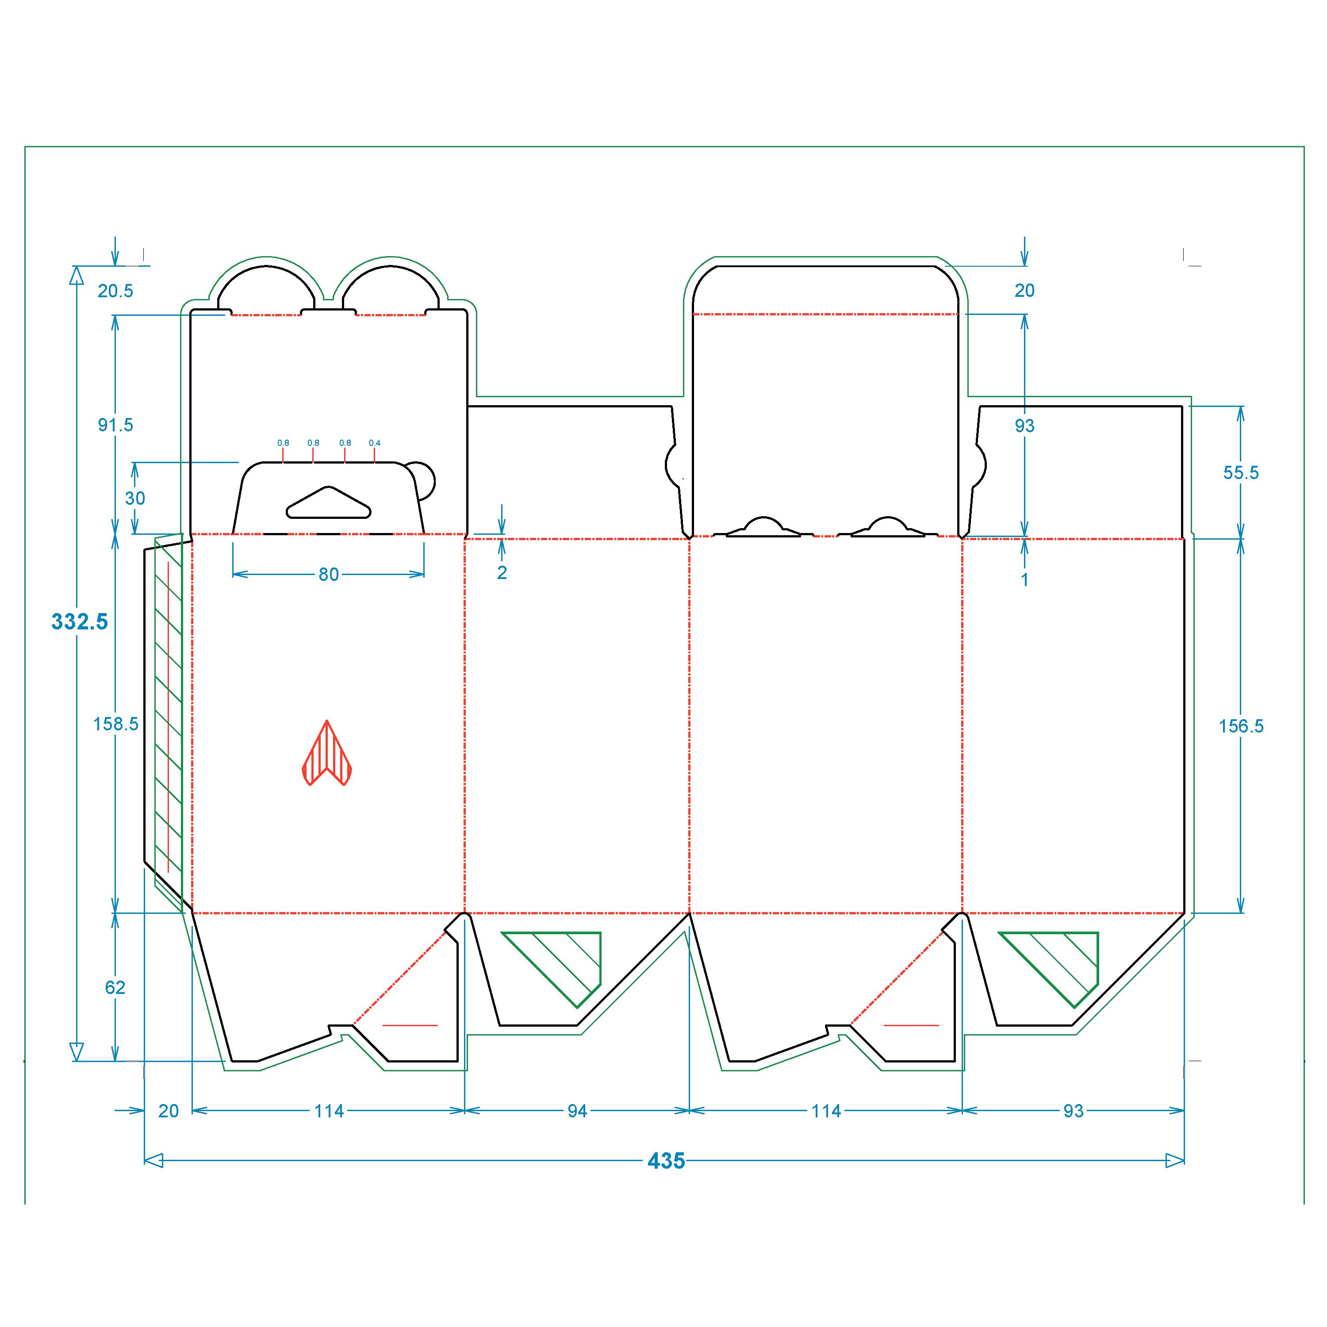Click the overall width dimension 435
coord(666,1161)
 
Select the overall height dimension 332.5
coord(80,621)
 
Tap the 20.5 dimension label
coord(115,291)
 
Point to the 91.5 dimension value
coord(115,425)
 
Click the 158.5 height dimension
coord(116,724)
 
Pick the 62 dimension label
coord(115,988)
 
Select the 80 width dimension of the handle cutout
coord(329,574)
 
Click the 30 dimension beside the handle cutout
coord(135,498)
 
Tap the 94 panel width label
coord(578,1111)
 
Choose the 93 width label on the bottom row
coord(1074,1111)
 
